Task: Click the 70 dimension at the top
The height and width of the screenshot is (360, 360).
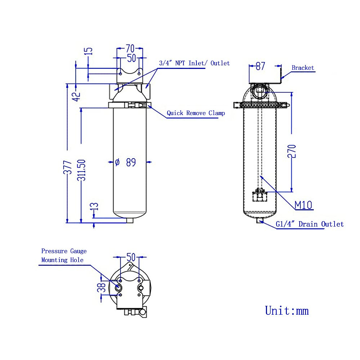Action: click(x=130, y=48)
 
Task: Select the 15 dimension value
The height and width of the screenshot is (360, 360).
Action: click(x=89, y=51)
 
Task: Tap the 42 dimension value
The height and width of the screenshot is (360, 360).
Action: click(x=77, y=96)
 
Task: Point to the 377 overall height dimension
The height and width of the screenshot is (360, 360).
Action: click(x=68, y=167)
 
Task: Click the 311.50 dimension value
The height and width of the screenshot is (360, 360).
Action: click(x=82, y=170)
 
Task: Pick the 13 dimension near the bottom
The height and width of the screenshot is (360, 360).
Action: click(x=94, y=206)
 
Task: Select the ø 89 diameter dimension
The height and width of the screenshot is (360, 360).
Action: click(x=126, y=162)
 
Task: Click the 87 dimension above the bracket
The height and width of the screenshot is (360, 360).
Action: click(x=260, y=66)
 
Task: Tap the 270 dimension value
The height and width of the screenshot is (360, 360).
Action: click(x=292, y=151)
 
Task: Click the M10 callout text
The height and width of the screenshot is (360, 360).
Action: click(x=303, y=205)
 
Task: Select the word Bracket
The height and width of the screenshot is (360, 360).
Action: click(x=303, y=68)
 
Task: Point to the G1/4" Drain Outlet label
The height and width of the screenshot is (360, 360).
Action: click(x=310, y=224)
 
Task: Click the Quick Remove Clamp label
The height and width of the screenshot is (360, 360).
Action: click(x=196, y=113)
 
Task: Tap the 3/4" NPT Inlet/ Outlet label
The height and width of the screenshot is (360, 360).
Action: click(x=194, y=63)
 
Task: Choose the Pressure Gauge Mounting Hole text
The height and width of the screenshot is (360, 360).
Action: click(x=63, y=255)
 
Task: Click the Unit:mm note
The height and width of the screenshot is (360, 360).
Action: click(x=287, y=310)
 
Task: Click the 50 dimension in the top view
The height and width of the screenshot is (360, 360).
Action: click(x=131, y=257)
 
